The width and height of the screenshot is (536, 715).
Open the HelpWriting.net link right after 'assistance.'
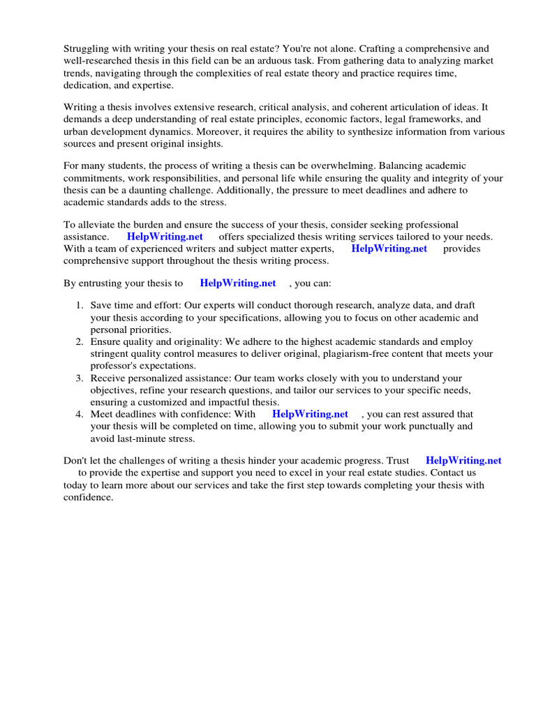165,237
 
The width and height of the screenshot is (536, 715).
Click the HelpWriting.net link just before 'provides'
389,249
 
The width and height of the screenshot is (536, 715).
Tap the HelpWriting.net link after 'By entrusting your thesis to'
237,283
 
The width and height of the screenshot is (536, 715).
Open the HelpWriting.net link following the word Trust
463,461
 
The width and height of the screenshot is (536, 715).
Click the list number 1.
79,306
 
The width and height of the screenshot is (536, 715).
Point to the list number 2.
79,341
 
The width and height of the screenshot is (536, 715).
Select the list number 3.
79,378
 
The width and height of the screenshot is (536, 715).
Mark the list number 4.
79,414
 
